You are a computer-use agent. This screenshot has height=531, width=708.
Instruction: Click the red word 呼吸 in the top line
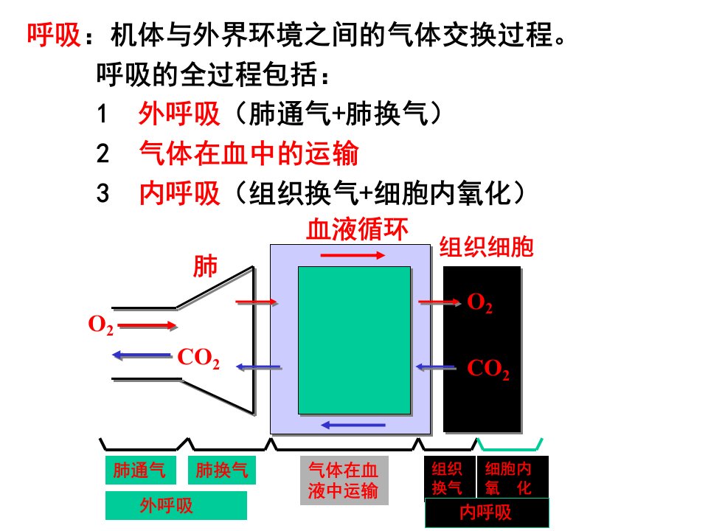(54, 35)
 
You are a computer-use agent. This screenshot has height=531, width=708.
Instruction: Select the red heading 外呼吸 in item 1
(179, 113)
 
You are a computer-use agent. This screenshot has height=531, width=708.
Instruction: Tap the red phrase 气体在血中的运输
(249, 153)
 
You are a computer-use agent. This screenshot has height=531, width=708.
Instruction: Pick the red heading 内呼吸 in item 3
(179, 193)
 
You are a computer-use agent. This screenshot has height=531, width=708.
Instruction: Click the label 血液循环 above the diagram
(357, 229)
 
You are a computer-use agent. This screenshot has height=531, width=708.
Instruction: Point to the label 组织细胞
(486, 247)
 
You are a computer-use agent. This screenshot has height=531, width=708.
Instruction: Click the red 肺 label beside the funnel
(205, 266)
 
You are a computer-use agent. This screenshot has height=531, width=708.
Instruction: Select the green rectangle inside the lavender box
(355, 340)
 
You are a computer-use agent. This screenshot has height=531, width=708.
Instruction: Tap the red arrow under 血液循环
(353, 256)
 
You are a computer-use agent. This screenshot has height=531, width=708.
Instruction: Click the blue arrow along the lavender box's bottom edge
(353, 425)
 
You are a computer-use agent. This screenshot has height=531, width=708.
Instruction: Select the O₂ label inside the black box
(479, 302)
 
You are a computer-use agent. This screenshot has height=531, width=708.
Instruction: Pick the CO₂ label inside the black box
(488, 369)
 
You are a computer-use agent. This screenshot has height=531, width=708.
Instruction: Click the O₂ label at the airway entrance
(101, 324)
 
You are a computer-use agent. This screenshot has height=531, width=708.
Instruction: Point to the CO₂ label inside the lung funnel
(198, 358)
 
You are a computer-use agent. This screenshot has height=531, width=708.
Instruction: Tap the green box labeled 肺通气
(140, 470)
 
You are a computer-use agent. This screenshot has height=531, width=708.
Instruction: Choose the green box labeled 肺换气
(222, 470)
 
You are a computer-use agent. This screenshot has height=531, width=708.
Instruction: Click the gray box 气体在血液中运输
(344, 480)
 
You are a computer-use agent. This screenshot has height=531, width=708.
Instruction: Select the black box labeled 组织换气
(450, 478)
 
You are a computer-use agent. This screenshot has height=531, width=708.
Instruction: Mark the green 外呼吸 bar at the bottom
(176, 506)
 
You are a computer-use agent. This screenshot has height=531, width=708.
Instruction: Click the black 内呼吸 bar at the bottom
(487, 513)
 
